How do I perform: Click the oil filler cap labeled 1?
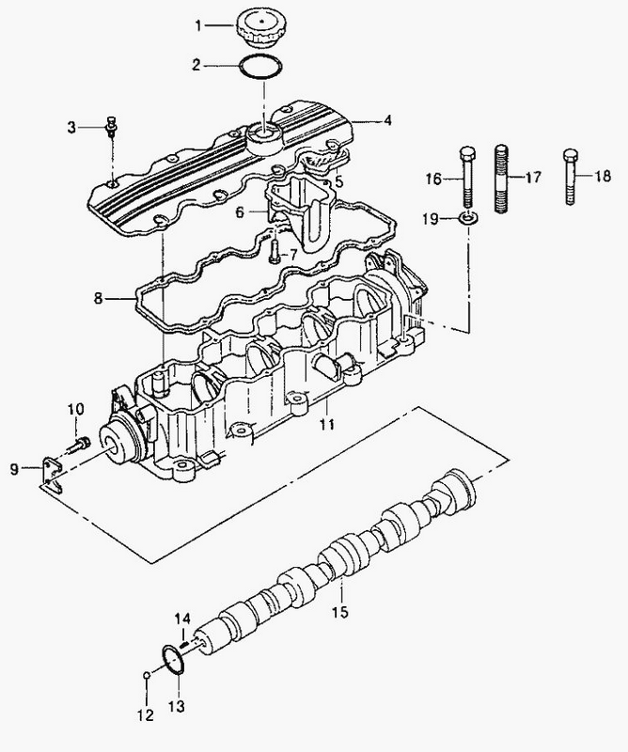[259, 28]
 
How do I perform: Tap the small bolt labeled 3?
[111, 127]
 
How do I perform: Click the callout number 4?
[387, 120]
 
